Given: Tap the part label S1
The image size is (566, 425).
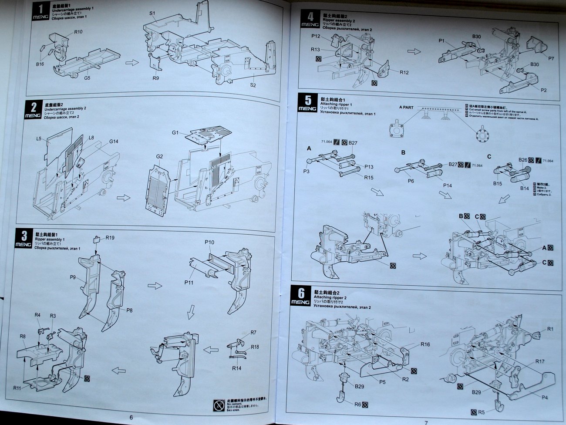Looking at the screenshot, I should click(x=152, y=13).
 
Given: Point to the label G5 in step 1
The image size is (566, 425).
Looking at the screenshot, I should click(x=87, y=78).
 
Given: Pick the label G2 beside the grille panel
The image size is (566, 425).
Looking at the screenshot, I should click(x=159, y=156).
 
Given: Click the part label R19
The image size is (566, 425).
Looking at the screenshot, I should click(x=110, y=238).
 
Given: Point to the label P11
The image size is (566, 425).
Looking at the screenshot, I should click(x=189, y=283).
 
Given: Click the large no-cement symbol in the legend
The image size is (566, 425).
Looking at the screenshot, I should click(x=219, y=405).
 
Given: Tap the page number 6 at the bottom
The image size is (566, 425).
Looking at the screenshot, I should click(x=131, y=417).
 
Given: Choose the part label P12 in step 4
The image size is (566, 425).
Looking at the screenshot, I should click(x=316, y=36).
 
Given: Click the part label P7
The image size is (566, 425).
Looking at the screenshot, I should click(x=551, y=58).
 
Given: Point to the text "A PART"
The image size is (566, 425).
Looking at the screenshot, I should click(x=406, y=107).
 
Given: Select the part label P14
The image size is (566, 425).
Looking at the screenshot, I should click(x=448, y=186).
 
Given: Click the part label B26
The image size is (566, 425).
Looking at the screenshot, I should click(x=522, y=160).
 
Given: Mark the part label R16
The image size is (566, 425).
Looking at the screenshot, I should click(x=425, y=344).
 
